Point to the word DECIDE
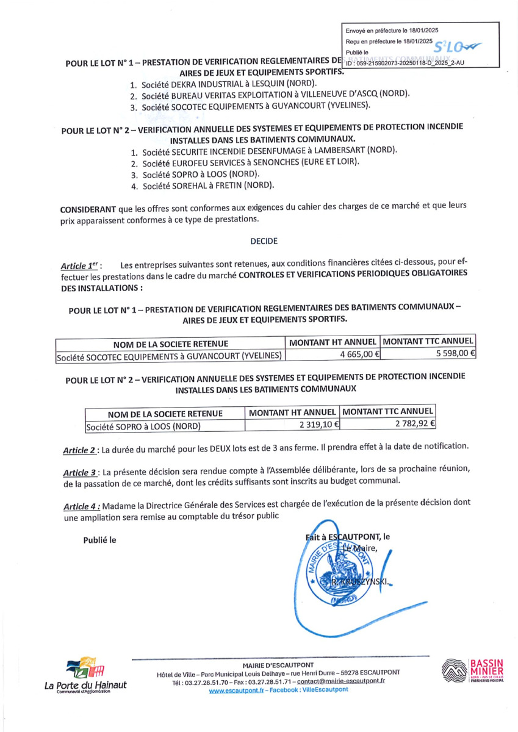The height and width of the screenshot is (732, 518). coord(264,240)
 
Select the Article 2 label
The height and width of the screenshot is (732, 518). coord(79,450)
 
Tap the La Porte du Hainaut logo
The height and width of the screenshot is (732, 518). coord(85,675)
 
